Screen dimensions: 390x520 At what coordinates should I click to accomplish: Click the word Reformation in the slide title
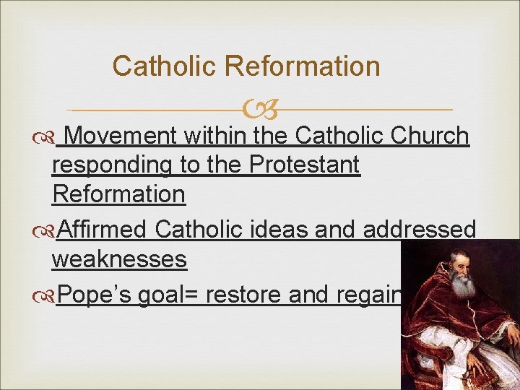tap(302, 66)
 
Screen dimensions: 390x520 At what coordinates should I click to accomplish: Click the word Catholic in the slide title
tap(165, 66)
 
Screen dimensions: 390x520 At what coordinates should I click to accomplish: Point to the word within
tap(214, 135)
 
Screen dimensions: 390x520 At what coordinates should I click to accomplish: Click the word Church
tap(430, 135)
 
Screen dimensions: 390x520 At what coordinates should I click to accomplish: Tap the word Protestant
tap(304, 165)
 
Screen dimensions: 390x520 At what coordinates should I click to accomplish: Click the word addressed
tap(420, 230)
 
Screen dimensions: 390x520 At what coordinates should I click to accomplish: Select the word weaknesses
tap(120, 259)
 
